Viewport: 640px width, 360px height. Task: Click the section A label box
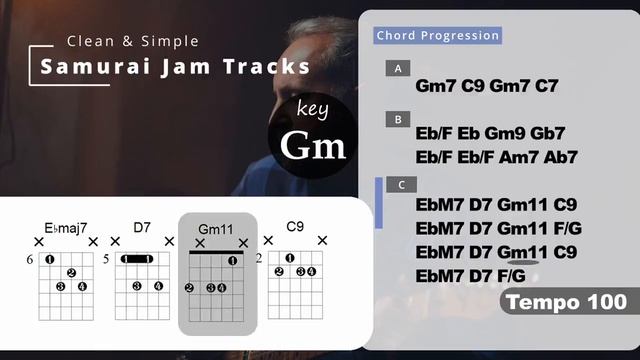point(398,69)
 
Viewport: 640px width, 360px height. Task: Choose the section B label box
point(398,119)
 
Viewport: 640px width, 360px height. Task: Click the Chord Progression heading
point(437,36)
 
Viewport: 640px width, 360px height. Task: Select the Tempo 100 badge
point(566,301)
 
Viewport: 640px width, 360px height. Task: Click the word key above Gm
point(312,110)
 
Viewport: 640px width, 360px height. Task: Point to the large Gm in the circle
point(312,146)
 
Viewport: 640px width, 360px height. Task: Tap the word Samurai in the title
point(89,68)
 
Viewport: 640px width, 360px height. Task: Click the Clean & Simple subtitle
point(132,41)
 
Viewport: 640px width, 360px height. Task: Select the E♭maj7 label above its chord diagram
point(65,227)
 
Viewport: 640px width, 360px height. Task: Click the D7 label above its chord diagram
point(141,227)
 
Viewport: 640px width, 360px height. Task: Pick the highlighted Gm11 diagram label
point(215,229)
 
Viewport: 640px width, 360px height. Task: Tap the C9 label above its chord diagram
point(294,227)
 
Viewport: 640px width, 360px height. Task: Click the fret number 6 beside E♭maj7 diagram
point(30,260)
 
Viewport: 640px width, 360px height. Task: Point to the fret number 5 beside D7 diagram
point(106,260)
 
